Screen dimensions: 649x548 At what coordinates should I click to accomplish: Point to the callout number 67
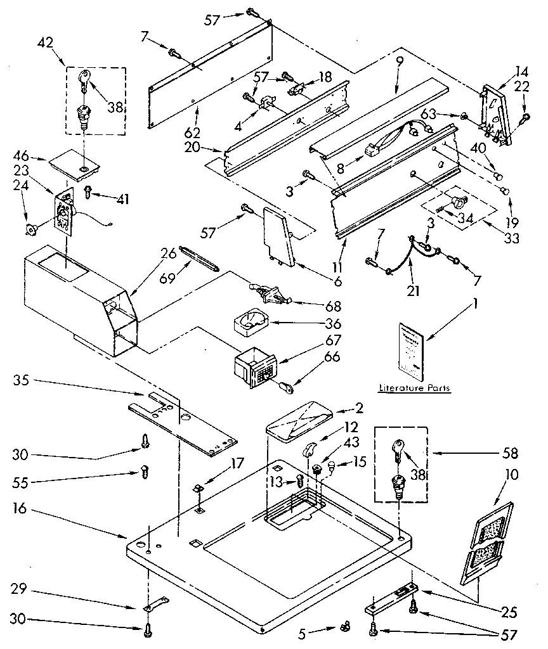click(x=333, y=340)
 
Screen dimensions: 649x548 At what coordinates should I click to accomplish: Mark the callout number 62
click(x=193, y=133)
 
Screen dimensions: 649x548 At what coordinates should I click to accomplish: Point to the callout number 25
click(x=509, y=612)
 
